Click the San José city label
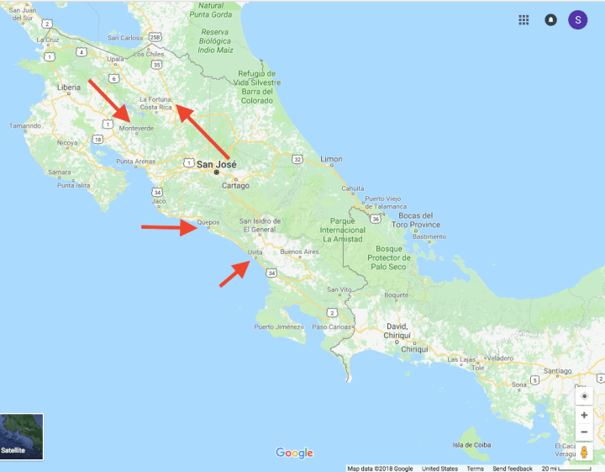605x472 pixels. click(x=216, y=164)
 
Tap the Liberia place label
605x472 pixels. click(x=69, y=87)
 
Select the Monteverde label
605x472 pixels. click(x=136, y=128)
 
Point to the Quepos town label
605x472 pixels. click(x=208, y=224)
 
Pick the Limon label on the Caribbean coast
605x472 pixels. click(x=332, y=158)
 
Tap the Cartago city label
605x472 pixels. click(x=235, y=185)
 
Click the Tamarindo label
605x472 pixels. click(x=25, y=125)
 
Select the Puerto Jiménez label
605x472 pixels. click(x=278, y=326)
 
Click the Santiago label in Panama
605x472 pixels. click(x=558, y=370)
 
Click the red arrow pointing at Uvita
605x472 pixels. click(x=234, y=274)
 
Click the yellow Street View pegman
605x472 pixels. click(x=584, y=453)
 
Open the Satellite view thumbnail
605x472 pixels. click(x=22, y=435)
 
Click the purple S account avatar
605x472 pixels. click(x=578, y=20)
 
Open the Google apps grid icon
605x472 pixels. click(x=523, y=20)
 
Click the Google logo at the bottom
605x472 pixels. click(x=294, y=453)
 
